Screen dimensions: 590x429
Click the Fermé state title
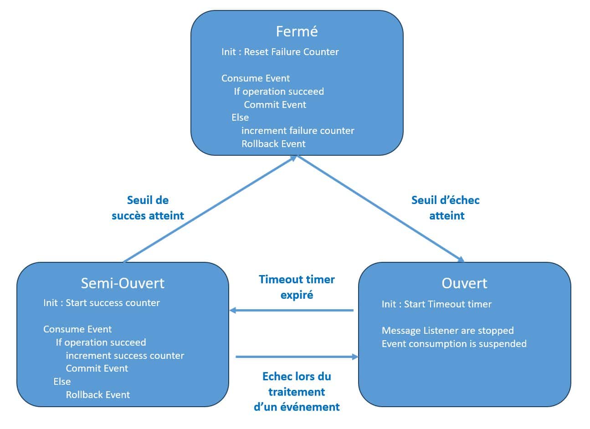297,31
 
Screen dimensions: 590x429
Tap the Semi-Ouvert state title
123,283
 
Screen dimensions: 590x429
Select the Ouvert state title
464,283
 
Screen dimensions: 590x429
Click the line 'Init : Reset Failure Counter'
280,52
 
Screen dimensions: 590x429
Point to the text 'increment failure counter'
298,131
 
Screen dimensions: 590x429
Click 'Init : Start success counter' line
102,303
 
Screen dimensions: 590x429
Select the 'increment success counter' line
125,356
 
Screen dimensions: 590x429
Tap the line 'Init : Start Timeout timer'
437,304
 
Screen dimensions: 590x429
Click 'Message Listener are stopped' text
448,331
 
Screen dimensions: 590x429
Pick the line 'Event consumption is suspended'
454,344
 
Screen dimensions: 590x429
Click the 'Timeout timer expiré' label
297,287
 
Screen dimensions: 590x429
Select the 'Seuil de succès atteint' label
148,208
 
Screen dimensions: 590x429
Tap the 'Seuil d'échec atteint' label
446,208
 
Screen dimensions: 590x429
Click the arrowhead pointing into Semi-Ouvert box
232,310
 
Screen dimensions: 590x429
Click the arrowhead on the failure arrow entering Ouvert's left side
355,357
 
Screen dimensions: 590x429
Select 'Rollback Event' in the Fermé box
273,144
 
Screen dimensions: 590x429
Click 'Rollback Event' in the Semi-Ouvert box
97,395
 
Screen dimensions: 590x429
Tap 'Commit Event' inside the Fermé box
275,105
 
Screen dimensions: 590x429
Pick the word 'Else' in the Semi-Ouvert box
62,382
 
